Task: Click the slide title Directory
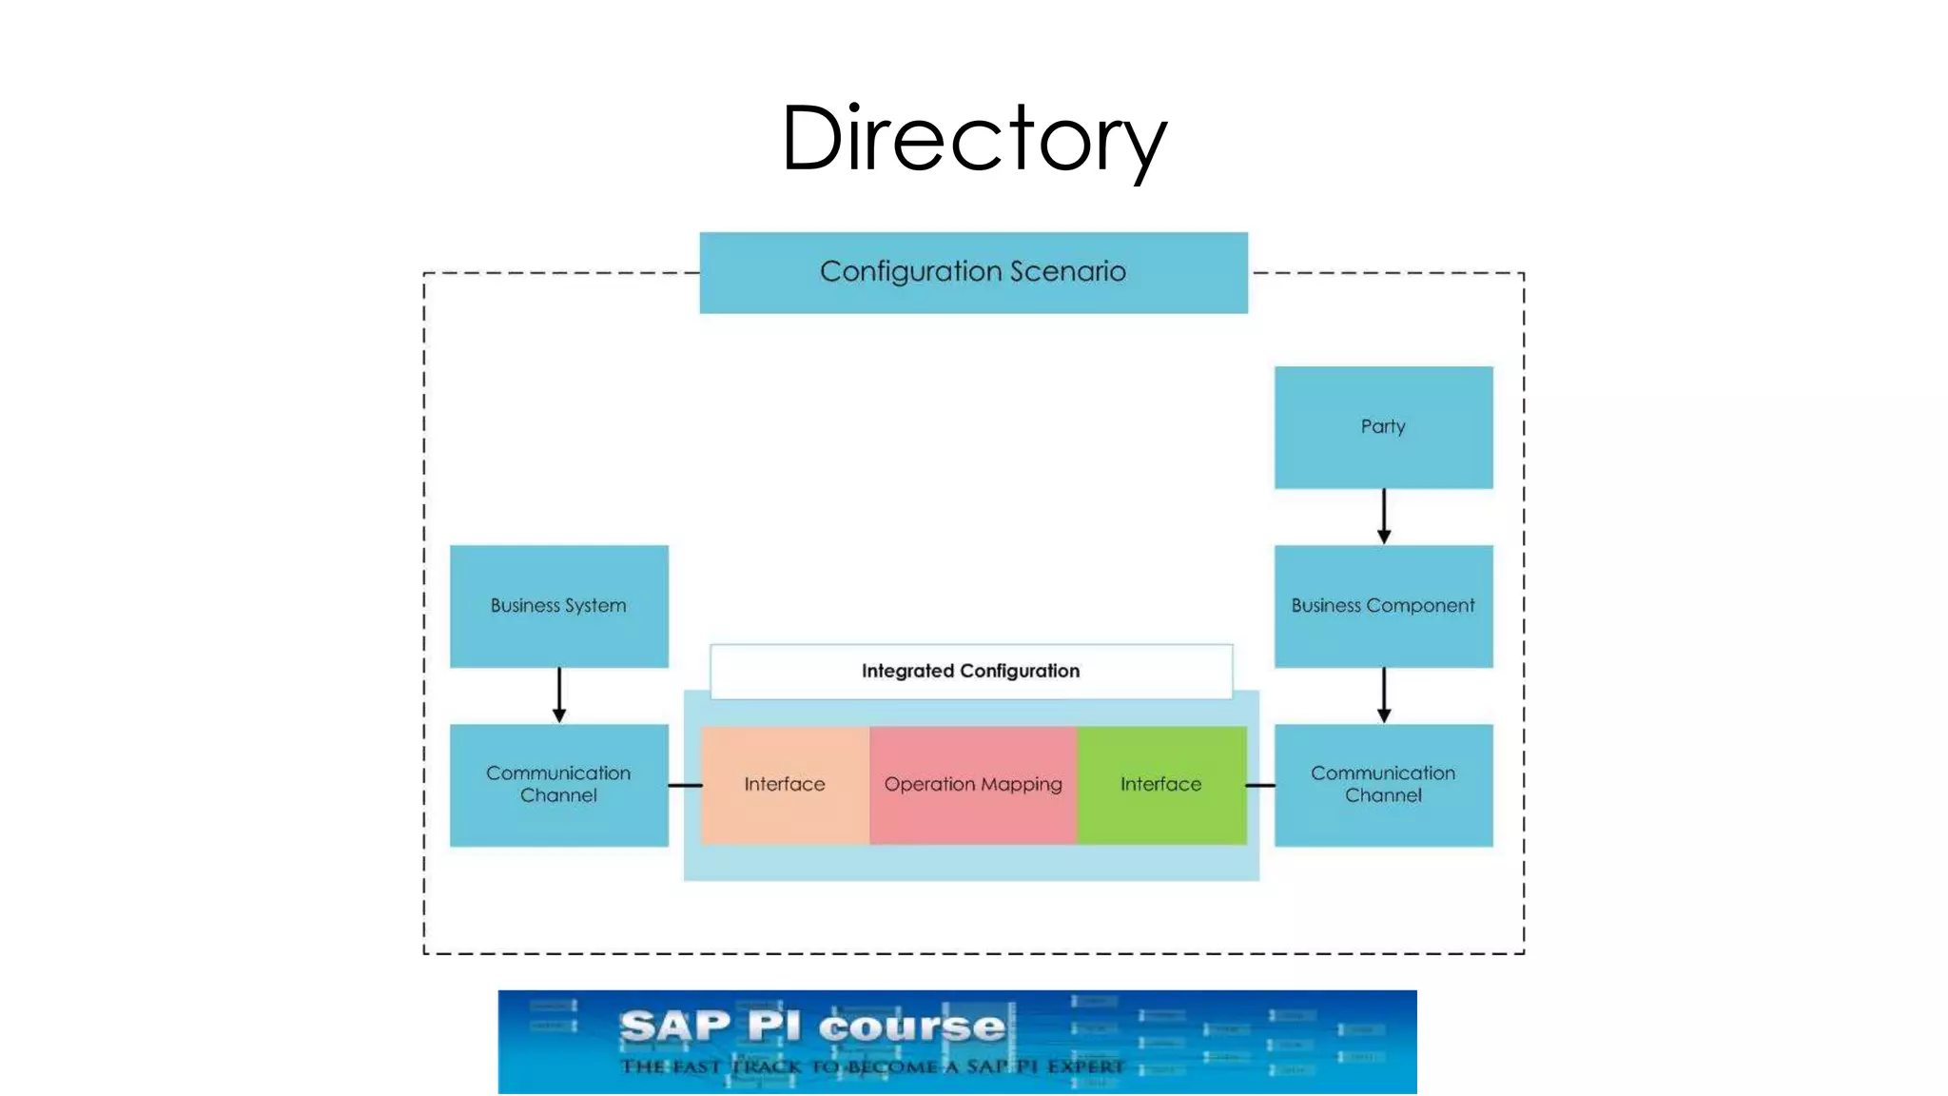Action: [x=973, y=140]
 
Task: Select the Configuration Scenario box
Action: [x=973, y=272]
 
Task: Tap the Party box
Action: [x=1383, y=427]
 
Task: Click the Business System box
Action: [x=558, y=606]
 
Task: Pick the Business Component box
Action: [x=1383, y=606]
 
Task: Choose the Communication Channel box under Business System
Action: [x=558, y=785]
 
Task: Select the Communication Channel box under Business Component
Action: [x=1383, y=785]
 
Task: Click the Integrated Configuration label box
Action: [x=970, y=672]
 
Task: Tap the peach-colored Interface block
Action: [x=785, y=785]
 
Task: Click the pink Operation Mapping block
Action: [x=973, y=785]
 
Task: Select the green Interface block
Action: [x=1160, y=785]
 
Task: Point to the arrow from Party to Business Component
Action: [x=1384, y=517]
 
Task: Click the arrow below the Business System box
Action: [x=559, y=695]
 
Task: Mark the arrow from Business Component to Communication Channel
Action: [x=1384, y=695]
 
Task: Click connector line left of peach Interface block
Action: [x=685, y=786]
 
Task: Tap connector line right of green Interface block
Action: [x=1260, y=786]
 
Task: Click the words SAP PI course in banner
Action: [x=813, y=1027]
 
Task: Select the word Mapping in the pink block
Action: [x=1022, y=785]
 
